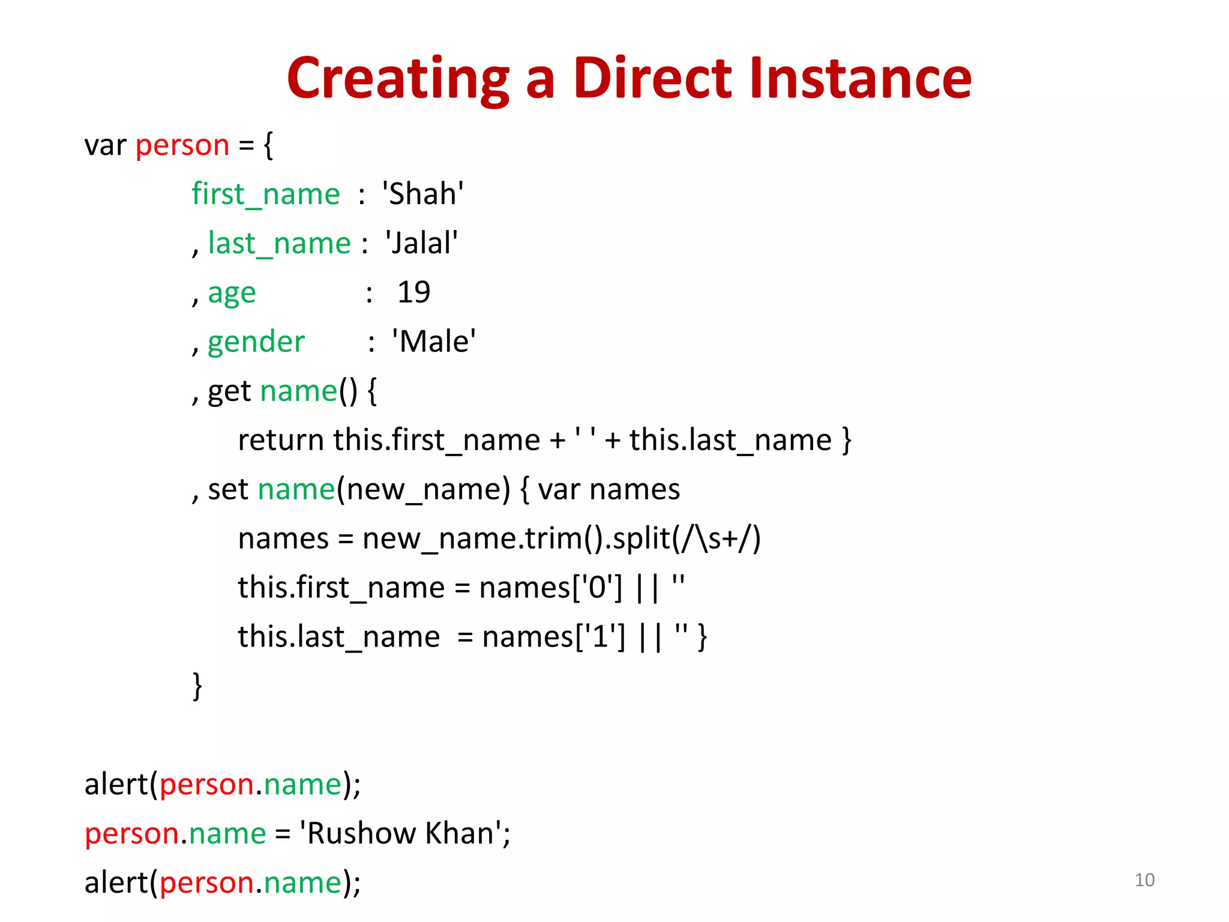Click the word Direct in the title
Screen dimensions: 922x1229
point(652,78)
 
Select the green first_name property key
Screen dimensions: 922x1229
point(266,194)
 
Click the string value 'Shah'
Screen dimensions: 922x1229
point(422,194)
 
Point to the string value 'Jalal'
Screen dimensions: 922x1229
point(422,244)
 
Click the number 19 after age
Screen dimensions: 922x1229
point(413,293)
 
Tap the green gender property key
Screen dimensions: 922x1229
point(256,342)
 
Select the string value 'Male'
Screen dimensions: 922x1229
point(434,342)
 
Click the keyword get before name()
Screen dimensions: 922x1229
point(229,391)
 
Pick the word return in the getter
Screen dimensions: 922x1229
point(281,441)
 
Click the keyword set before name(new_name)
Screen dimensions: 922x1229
point(228,490)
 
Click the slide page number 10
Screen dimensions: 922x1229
point(1144,880)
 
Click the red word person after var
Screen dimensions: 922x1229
point(182,146)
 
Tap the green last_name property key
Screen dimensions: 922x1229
point(279,244)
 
